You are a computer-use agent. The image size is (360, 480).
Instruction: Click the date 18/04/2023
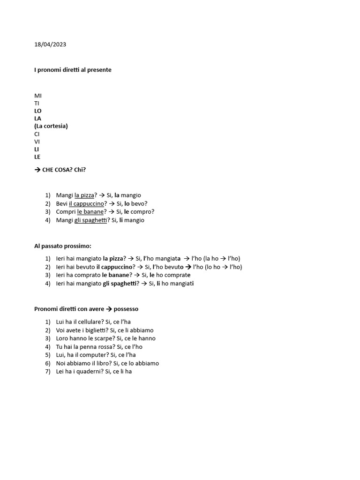[50, 45]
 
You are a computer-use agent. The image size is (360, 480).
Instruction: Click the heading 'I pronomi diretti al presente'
[73, 70]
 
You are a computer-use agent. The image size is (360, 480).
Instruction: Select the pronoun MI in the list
[38, 96]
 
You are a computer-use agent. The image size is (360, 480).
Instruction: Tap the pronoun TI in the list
[37, 103]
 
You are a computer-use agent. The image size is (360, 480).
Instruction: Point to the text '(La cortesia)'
[51, 126]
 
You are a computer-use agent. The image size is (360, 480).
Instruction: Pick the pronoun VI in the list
[37, 142]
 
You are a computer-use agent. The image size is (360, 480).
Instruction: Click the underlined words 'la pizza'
[84, 195]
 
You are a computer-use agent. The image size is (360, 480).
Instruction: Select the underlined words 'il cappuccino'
[86, 203]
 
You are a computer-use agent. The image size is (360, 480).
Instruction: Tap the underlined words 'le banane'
[90, 211]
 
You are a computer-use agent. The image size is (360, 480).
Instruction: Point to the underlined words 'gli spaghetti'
[90, 220]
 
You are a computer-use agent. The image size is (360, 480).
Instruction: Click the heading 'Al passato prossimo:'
[63, 246]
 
